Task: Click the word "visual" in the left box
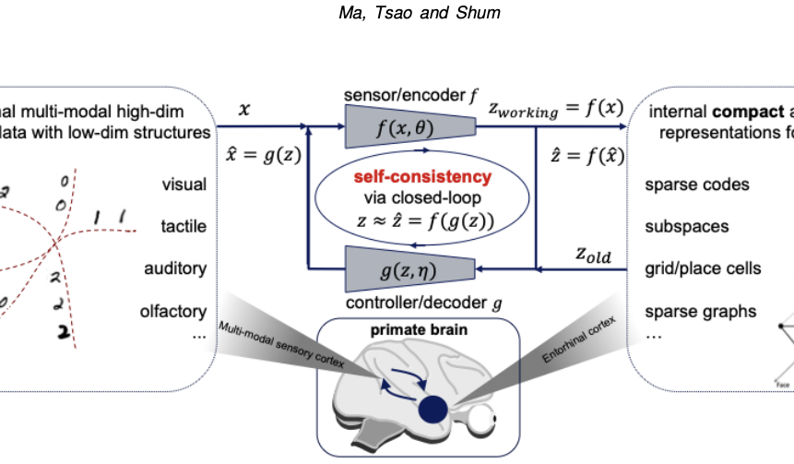[x=184, y=184]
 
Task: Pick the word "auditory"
[x=175, y=268]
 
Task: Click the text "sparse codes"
[x=697, y=184]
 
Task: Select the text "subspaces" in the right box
[x=686, y=226]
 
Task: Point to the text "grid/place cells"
[x=703, y=268]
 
